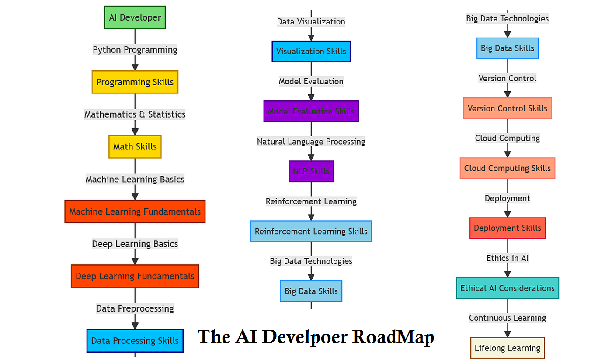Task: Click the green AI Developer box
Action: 135,17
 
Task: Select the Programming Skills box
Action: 135,82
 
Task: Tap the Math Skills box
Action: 135,146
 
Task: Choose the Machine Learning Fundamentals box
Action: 135,211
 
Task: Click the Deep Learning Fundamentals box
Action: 135,276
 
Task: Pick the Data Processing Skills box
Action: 135,341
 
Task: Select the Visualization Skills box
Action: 311,52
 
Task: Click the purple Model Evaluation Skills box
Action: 311,111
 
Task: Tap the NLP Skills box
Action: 311,171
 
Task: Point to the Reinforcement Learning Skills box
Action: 311,231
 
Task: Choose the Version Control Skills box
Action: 507,108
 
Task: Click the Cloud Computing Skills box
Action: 507,168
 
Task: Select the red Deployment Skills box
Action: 507,228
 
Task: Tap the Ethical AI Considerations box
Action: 507,288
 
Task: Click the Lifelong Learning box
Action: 507,348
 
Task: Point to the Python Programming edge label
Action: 135,50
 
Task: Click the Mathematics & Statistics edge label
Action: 135,114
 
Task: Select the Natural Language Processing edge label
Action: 311,142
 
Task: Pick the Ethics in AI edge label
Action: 507,258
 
